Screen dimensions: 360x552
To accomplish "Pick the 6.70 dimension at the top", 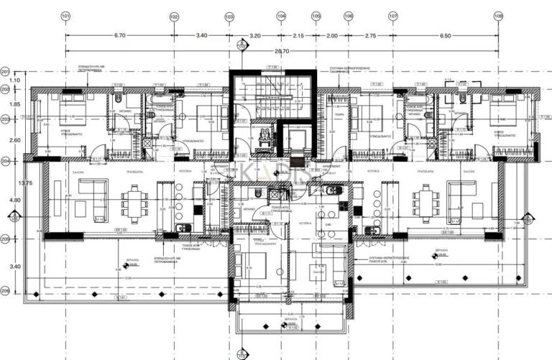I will [120, 34].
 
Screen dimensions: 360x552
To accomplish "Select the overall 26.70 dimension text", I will [282, 51].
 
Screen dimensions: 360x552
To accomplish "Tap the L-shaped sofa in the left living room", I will [91, 197].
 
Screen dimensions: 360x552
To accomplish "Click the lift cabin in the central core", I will [295, 137].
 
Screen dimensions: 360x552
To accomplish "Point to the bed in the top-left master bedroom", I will [72, 110].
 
